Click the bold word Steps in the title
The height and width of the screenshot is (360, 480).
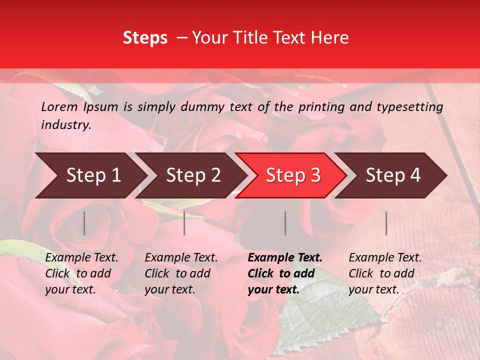coord(145,38)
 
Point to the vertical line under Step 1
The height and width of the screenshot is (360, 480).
coord(84,223)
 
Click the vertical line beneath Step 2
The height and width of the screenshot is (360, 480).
coord(184,223)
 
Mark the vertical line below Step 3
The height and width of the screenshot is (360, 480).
coord(285,223)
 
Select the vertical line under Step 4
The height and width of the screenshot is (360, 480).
coord(386,223)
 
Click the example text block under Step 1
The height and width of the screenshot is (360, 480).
coord(81,273)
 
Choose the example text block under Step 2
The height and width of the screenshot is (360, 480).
coord(181,273)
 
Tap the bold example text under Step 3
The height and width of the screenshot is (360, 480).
coord(285,273)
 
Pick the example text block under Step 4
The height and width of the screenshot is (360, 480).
coord(385,273)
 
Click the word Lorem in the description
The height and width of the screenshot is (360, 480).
coord(59,106)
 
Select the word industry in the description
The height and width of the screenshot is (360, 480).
coord(66,125)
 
